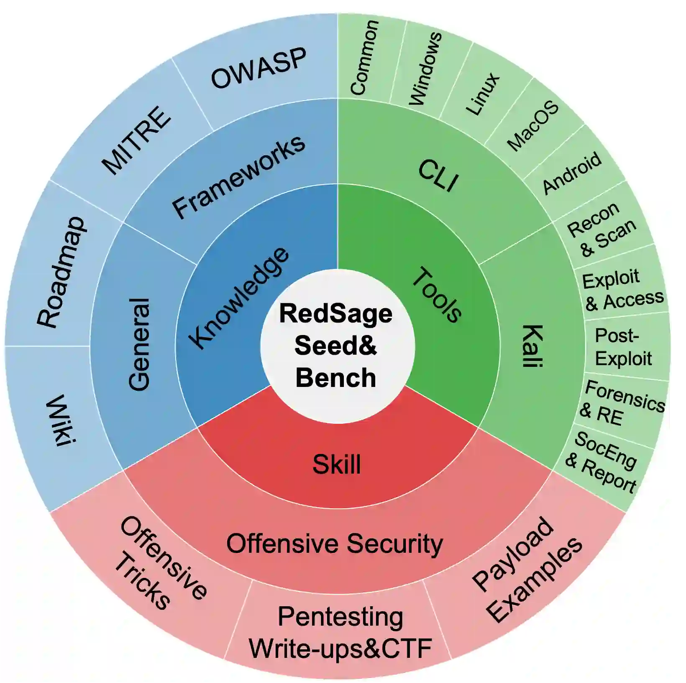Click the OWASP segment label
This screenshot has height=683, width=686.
coord(259,68)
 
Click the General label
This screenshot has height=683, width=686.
coord(139,344)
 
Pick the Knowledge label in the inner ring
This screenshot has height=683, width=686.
coord(238,298)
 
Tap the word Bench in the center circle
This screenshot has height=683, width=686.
coord(336,378)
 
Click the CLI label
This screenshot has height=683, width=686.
coord(438,176)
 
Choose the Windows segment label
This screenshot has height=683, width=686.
coord(425,68)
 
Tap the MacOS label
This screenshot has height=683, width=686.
coord(533,126)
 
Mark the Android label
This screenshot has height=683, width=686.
coord(572,173)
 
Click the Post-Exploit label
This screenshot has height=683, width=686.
coord(623,347)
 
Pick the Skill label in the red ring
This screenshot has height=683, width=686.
coord(337,464)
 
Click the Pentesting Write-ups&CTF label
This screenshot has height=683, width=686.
coord(340,632)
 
